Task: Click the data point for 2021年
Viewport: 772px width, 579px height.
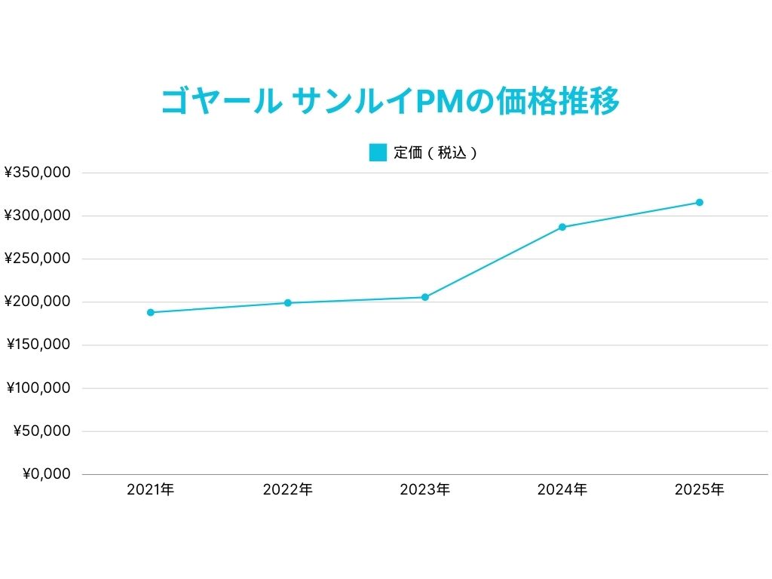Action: pyautogui.click(x=151, y=312)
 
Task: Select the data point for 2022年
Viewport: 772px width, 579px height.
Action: pyautogui.click(x=288, y=303)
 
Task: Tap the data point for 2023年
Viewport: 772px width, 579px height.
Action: pyautogui.click(x=425, y=297)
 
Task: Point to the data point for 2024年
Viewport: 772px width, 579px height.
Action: pyautogui.click(x=562, y=227)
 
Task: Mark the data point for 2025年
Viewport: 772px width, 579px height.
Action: pyautogui.click(x=700, y=202)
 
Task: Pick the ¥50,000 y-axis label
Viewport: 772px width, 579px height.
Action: pyautogui.click(x=42, y=431)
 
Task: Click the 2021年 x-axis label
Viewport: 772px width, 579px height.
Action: pyautogui.click(x=151, y=490)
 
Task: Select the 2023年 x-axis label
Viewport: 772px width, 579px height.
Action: pyautogui.click(x=425, y=490)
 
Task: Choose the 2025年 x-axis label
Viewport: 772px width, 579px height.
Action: pyautogui.click(x=700, y=490)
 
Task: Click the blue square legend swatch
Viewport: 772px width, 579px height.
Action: pyautogui.click(x=378, y=152)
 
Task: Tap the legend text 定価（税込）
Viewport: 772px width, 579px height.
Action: pyautogui.click(x=436, y=152)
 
